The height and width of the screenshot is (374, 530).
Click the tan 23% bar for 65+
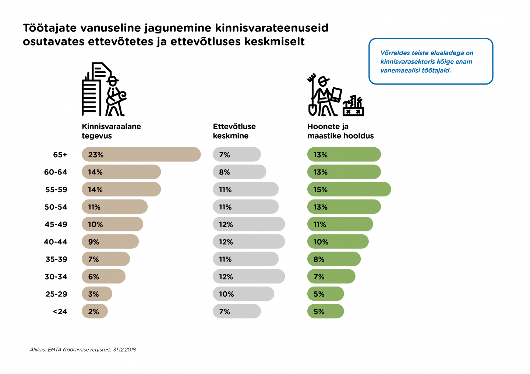141,154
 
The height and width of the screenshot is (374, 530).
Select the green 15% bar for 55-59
349,189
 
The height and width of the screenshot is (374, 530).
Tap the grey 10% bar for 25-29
243,294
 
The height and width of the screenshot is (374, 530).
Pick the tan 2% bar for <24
95,311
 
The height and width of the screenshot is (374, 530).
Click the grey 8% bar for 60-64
239,172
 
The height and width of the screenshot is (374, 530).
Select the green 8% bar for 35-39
334,259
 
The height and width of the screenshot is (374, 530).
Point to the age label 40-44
56,242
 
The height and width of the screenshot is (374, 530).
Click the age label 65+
60,155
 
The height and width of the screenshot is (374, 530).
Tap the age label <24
60,312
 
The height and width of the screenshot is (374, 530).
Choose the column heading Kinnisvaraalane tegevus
111,131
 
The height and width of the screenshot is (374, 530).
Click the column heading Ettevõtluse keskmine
234,131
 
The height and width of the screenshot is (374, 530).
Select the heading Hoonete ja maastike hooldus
340,131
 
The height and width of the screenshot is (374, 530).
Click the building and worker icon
104,89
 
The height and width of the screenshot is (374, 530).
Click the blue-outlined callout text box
431,61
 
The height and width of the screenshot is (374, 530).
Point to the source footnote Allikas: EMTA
83,349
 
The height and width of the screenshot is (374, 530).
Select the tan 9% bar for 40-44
110,242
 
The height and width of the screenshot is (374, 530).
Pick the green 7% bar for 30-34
331,276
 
